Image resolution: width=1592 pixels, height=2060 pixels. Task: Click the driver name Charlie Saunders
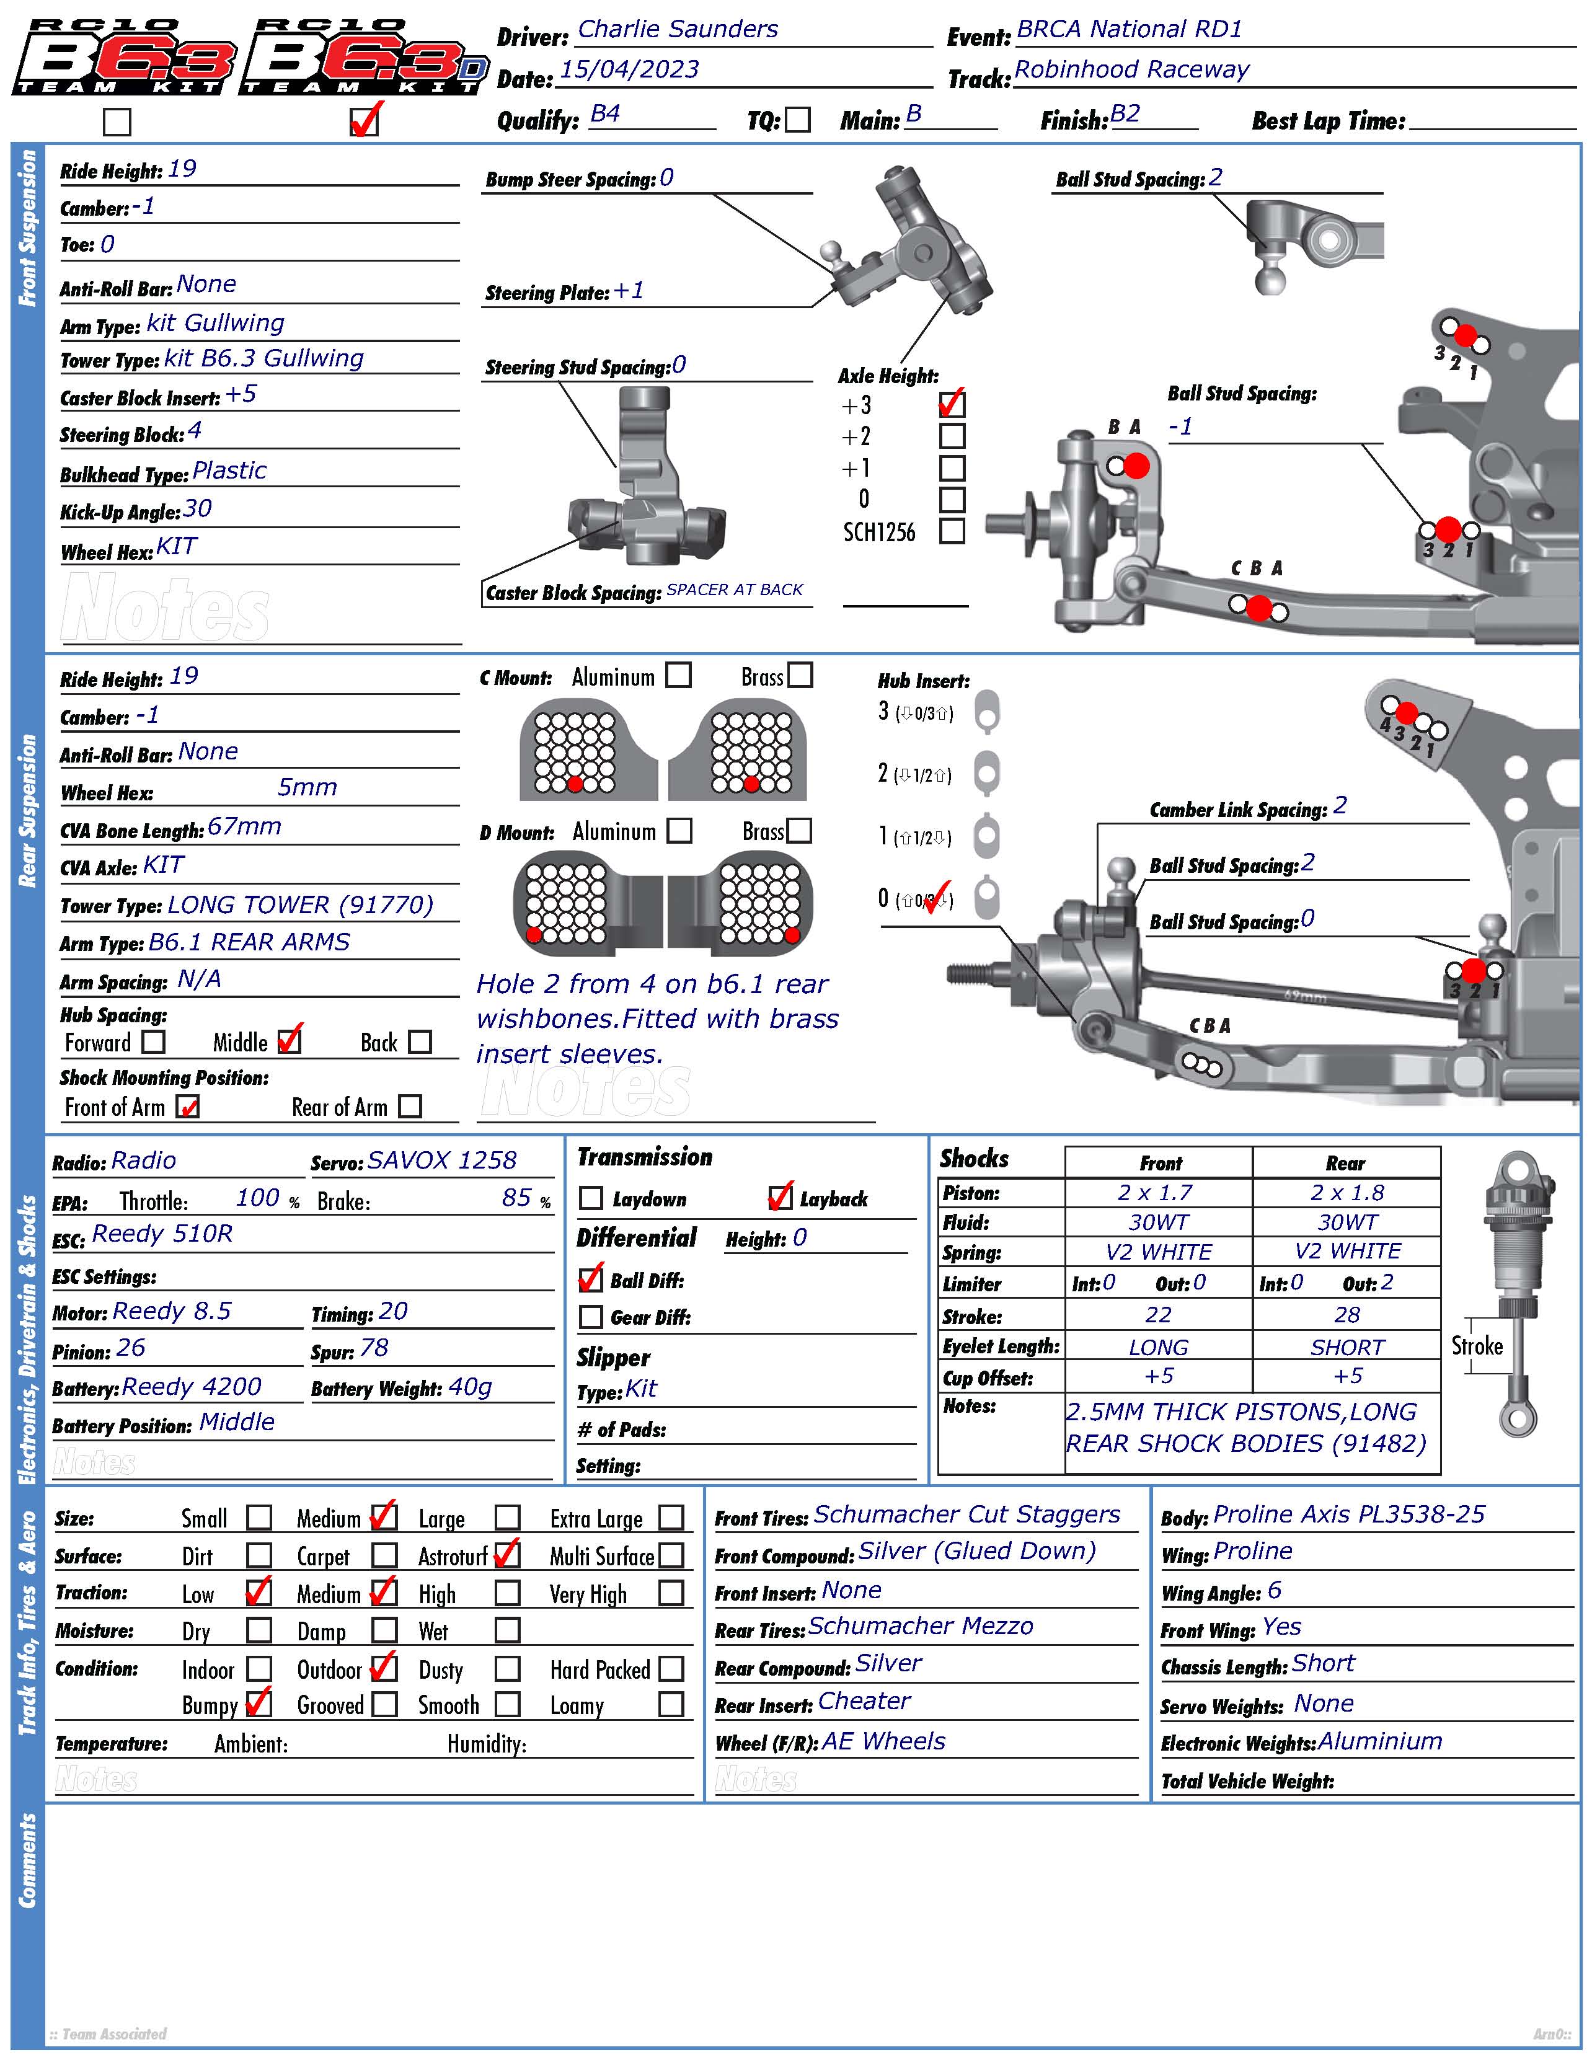coord(677,29)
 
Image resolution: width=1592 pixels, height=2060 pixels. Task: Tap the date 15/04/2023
coord(629,70)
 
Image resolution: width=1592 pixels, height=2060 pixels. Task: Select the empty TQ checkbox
coord(798,120)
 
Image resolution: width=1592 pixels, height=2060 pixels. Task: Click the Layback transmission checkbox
coord(780,1198)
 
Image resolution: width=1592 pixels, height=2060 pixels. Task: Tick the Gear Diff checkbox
coord(590,1317)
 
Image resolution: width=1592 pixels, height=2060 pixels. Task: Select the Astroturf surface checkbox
coord(507,1554)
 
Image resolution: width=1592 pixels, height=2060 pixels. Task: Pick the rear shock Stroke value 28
coord(1347,1315)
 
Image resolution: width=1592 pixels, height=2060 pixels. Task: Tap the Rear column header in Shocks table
coord(1346,1163)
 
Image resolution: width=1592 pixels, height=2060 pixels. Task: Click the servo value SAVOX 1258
coord(443,1160)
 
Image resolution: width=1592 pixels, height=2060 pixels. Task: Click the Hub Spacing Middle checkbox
coord(290,1041)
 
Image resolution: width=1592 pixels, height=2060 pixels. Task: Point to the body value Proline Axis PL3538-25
coord(1348,1514)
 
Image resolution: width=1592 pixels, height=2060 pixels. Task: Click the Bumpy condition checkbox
coord(259,1704)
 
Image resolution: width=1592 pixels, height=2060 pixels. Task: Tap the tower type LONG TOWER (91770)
coord(300,906)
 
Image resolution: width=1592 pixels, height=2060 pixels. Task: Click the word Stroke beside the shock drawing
coord(1477,1346)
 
